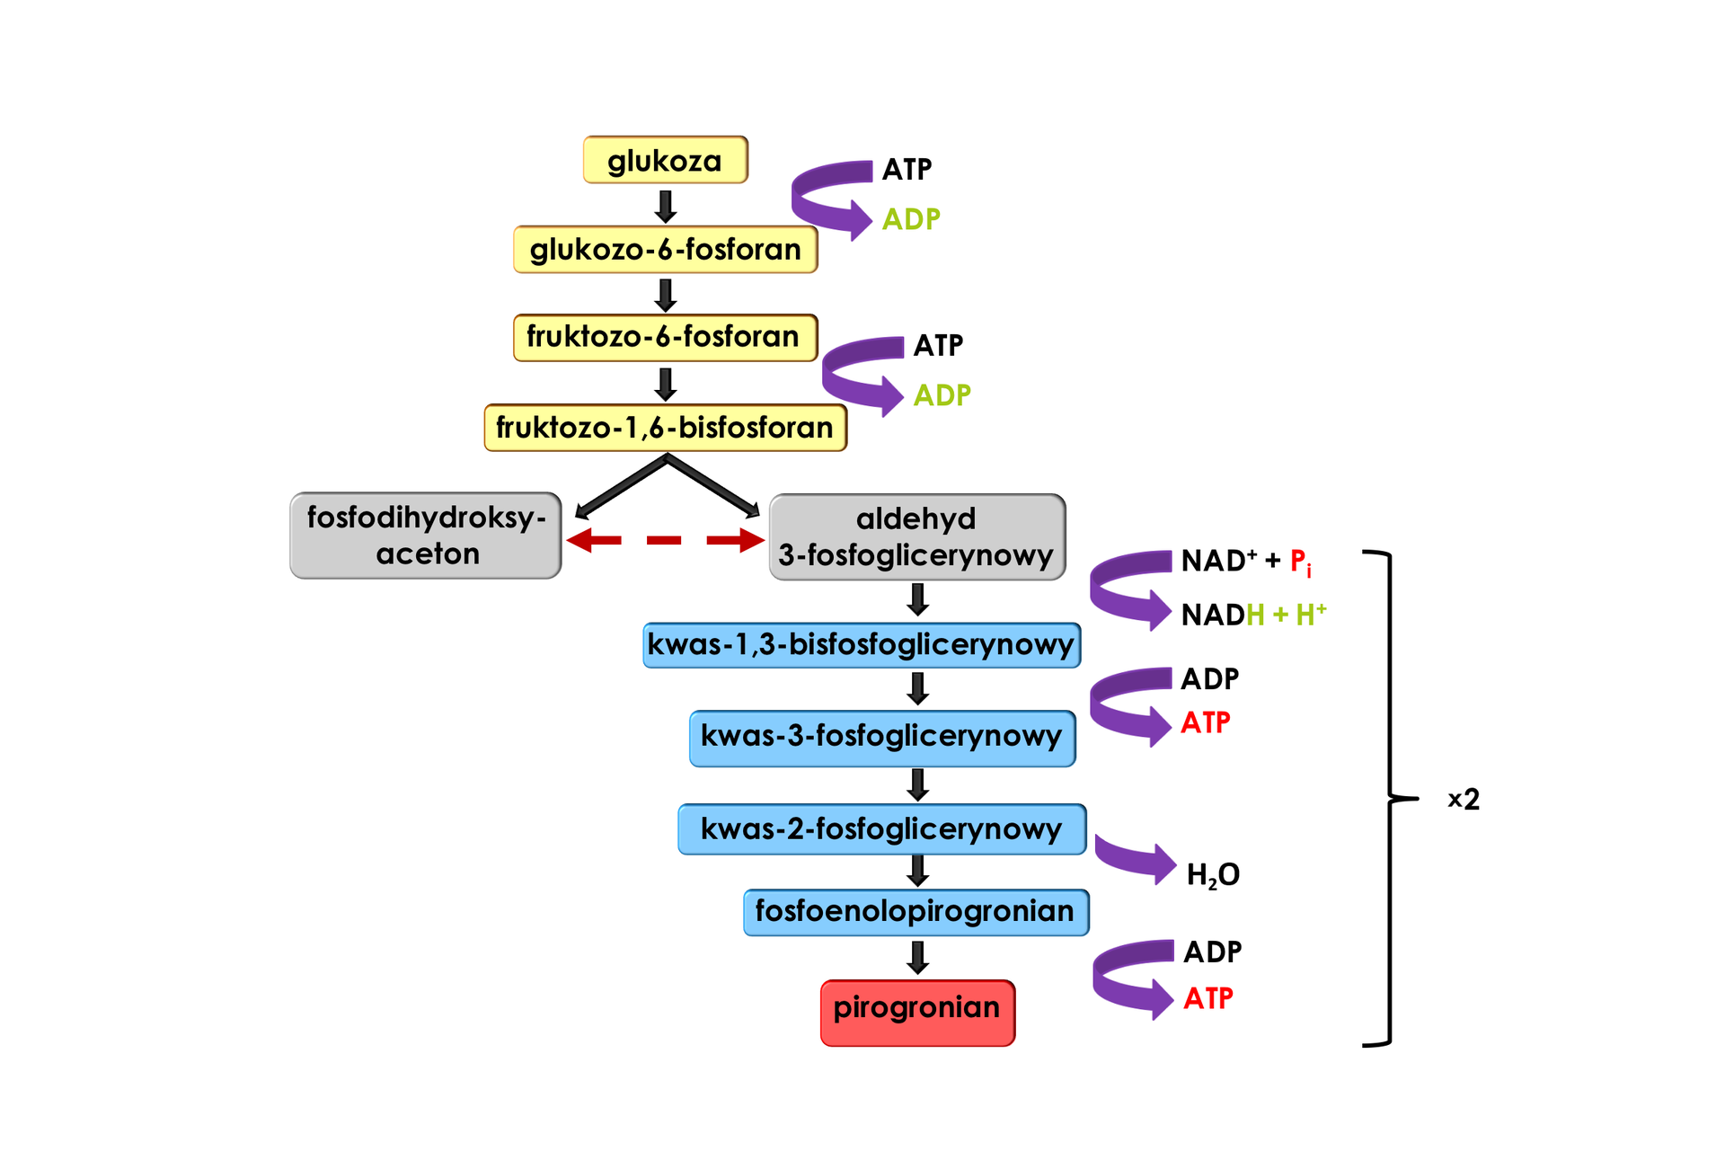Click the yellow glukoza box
coord(665,161)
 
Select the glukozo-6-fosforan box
coord(665,249)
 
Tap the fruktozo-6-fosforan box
coord(665,337)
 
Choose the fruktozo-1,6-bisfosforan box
coord(665,427)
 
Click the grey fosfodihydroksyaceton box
coord(426,536)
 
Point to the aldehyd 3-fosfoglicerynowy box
coord(916,536)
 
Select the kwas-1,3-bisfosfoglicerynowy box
coord(861,644)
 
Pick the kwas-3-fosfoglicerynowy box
coord(881,738)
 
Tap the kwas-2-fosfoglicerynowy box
coord(881,828)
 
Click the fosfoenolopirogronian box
coord(916,911)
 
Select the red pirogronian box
coord(917,1013)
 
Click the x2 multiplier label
coord(1464,799)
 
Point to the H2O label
coord(1213,874)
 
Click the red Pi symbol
coord(1300,562)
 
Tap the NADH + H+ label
coord(1253,615)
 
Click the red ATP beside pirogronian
coord(1207,998)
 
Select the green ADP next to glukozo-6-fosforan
coord(911,219)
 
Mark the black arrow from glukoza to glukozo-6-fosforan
coord(665,206)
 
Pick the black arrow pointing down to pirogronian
coord(917,958)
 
